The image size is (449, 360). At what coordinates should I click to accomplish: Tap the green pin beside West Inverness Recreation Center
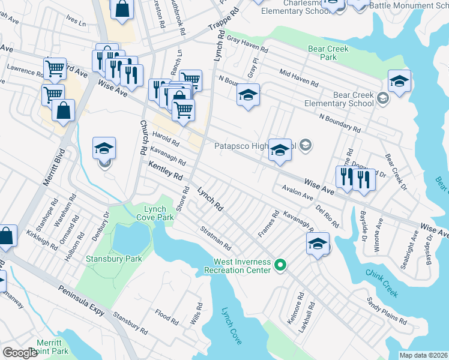(280, 264)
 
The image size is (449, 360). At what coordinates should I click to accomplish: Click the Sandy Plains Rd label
(387, 310)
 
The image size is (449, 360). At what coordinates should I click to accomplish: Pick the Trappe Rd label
(223, 20)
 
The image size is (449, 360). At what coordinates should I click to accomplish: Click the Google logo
(20, 353)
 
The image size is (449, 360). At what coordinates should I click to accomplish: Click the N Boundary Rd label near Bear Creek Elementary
(340, 123)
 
